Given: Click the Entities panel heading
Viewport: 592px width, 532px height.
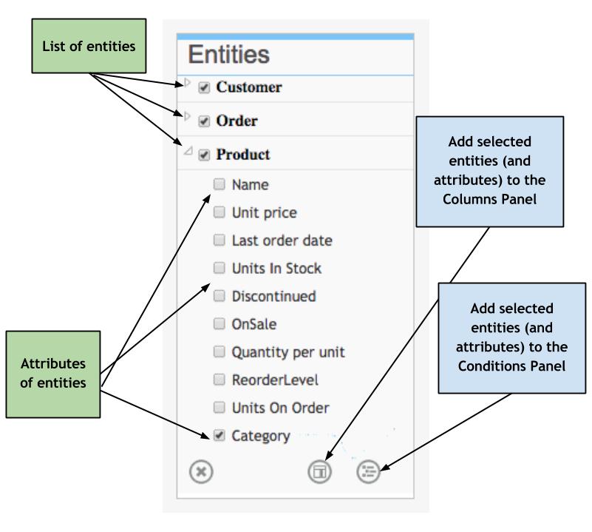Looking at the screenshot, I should pyautogui.click(x=228, y=55).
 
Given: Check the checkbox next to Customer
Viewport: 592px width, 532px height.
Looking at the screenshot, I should pyautogui.click(x=203, y=87).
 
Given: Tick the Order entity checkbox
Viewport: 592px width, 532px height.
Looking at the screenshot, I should pyautogui.click(x=203, y=121).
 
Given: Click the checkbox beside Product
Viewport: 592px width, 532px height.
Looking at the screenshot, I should pyautogui.click(x=203, y=155).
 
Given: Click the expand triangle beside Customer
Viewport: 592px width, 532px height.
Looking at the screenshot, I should pyautogui.click(x=186, y=83).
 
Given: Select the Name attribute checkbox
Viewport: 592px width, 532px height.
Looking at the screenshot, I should pyautogui.click(x=219, y=185).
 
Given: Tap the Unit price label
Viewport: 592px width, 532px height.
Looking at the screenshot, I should pyautogui.click(x=264, y=213).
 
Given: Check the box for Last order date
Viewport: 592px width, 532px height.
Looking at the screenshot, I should pyautogui.click(x=219, y=241).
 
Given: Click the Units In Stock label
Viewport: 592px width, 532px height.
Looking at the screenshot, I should pyautogui.click(x=276, y=269).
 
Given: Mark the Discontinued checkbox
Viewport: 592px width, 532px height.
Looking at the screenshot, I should pyautogui.click(x=219, y=297).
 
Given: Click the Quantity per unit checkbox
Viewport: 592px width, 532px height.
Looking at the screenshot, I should pyautogui.click(x=219, y=352).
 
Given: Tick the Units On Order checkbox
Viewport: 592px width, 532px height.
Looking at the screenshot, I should pyautogui.click(x=219, y=408).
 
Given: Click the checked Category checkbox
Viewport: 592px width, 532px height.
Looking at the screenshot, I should pyautogui.click(x=219, y=436).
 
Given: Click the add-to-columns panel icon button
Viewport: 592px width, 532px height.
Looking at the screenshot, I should pyautogui.click(x=321, y=471).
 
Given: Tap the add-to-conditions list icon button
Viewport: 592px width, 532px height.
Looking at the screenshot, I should pyautogui.click(x=368, y=471).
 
